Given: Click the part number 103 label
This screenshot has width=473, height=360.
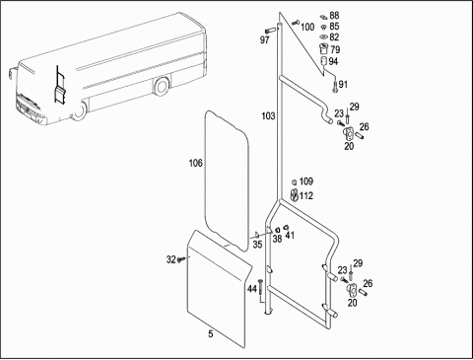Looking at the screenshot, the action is (268, 116).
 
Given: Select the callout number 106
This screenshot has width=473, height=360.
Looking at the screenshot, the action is (196, 163).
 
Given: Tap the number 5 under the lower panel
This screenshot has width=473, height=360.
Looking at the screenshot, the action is (211, 334).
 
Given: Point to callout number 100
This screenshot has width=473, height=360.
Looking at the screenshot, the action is (307, 27).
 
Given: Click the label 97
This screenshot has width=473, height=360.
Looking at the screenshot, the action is (265, 40).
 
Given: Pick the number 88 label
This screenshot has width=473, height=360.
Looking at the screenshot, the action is (334, 16).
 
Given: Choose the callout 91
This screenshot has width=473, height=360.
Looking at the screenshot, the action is (343, 85).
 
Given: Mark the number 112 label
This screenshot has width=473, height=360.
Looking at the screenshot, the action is (306, 196).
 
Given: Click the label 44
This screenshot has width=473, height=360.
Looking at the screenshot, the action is (252, 289).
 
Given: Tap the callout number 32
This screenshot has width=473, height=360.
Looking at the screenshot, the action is (171, 259).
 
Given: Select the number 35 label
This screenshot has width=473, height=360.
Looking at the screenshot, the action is (257, 245).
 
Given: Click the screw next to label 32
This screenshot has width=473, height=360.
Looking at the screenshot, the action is (181, 259).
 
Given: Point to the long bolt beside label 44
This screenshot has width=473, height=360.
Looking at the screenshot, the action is (261, 289).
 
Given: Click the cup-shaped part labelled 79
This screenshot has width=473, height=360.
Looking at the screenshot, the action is (324, 49).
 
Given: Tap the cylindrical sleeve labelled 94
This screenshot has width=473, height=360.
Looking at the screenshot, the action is (324, 61).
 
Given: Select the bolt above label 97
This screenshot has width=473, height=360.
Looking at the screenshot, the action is (270, 31).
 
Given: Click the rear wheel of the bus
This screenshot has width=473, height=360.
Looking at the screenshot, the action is (162, 87).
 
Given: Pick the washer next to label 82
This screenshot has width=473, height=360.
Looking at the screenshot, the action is (324, 36).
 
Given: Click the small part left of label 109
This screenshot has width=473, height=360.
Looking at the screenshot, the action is (295, 181).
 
